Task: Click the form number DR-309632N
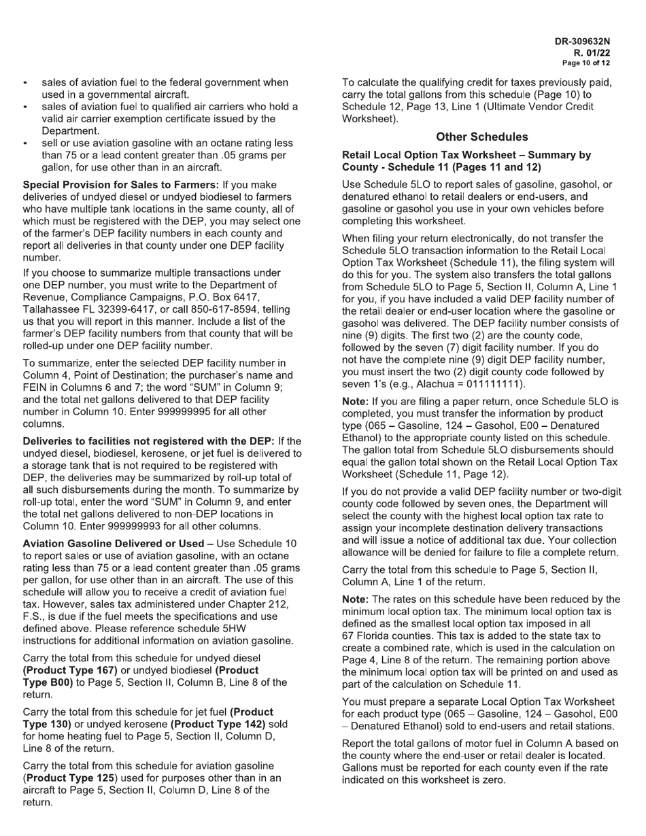pos(582,41)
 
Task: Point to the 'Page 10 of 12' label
pos(586,63)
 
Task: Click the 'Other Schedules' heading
pos(481,137)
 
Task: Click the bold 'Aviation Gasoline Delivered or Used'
pos(113,543)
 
